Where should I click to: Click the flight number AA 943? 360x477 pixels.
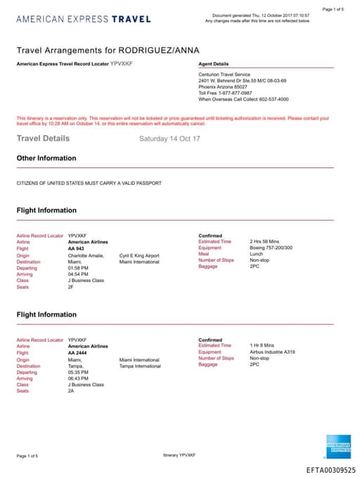75,248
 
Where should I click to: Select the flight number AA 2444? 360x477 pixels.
77,352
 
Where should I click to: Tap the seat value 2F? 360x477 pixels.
71,286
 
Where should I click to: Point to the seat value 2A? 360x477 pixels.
71,390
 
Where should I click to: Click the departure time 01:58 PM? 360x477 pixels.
78,267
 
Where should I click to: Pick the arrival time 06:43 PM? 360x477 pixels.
78,378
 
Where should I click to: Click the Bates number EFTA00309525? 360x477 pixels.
330,470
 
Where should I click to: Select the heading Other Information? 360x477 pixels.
46,158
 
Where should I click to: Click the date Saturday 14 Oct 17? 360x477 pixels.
169,139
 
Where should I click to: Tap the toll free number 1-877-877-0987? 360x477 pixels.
237,92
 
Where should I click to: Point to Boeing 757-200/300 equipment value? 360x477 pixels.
271,248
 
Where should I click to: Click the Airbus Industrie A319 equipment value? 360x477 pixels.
272,352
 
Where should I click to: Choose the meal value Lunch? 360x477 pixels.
256,254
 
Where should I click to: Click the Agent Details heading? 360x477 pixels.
214,64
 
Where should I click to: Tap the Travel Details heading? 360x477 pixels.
43,139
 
